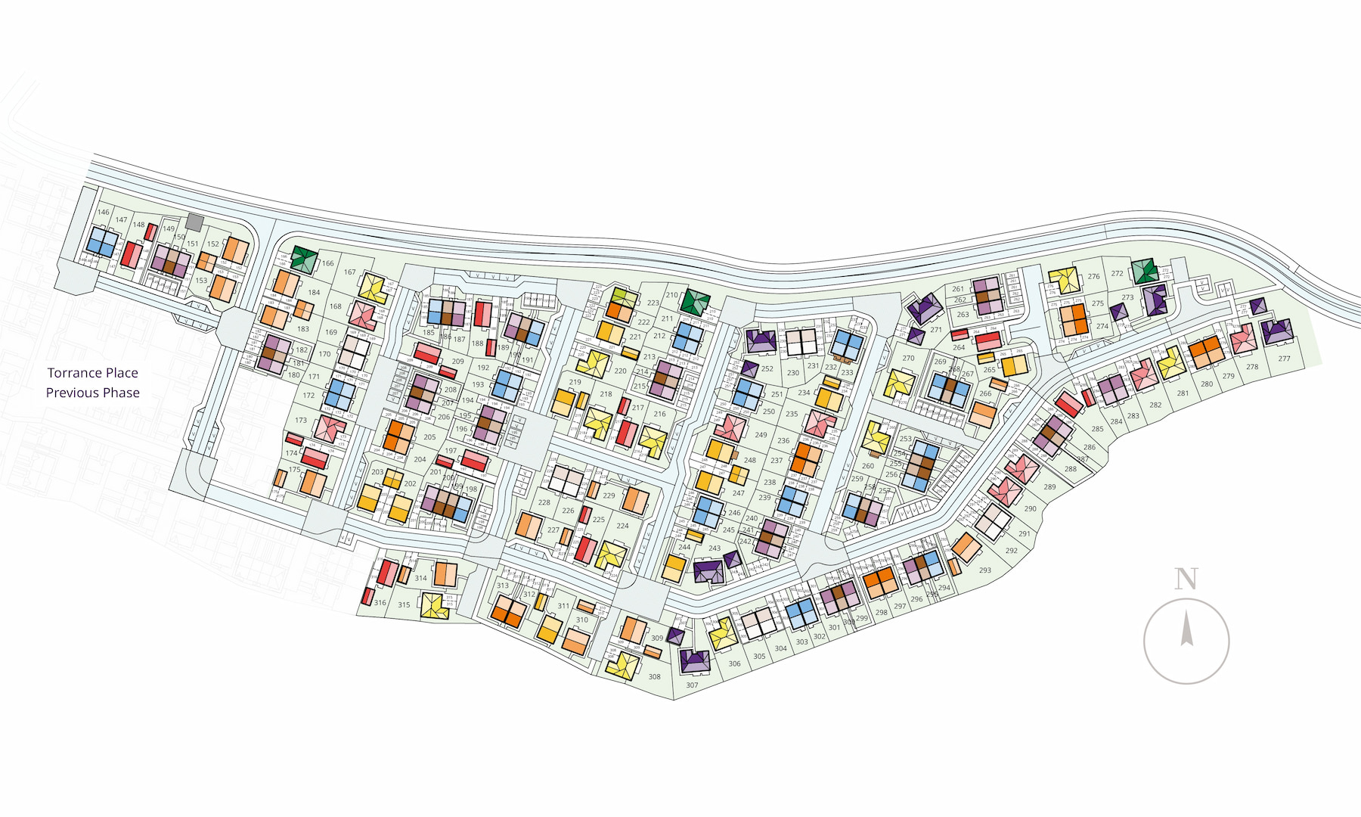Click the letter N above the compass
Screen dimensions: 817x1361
click(x=1186, y=579)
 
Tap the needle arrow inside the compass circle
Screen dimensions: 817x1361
click(x=1187, y=629)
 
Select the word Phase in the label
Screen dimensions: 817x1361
click(x=122, y=393)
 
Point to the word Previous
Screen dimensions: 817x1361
click(x=72, y=393)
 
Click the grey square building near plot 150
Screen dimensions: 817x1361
click(x=194, y=222)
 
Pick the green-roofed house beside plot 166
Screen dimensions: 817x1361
click(x=305, y=259)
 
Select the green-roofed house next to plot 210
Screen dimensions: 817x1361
click(x=695, y=302)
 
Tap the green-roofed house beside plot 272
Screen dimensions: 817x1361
click(x=1144, y=271)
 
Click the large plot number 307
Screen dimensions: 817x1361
click(x=692, y=685)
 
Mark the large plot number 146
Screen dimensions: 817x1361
click(x=104, y=213)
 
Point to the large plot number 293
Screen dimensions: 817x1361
click(x=984, y=570)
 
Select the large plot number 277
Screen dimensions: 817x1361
click(x=1284, y=359)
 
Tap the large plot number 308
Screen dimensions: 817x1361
click(x=654, y=677)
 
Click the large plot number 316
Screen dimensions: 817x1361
click(x=380, y=603)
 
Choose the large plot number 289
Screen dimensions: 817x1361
click(x=1049, y=487)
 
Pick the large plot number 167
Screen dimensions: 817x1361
click(x=349, y=272)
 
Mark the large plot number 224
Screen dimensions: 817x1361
click(x=622, y=526)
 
